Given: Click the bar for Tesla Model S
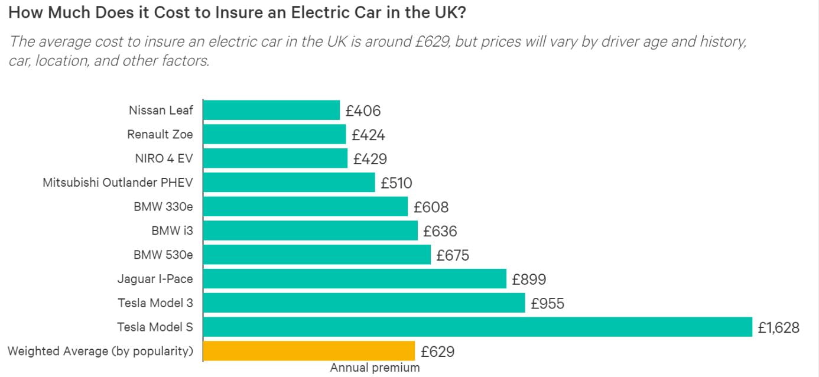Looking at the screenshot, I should pos(477,327).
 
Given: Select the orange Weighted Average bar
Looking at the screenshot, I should pos(309,351).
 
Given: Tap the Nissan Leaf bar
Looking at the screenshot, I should pos(271,110).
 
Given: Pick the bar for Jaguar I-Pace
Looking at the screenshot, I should pos(355,279).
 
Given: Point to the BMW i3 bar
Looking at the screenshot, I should pos(310,231).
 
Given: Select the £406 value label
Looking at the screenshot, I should pos(363,111).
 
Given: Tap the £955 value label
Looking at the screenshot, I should pos(547,304).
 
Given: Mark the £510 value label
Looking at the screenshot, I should pos(396,183).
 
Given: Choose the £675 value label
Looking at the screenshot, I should pos(452,255).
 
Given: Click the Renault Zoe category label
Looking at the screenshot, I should pos(160,135).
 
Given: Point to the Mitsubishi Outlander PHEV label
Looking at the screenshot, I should pos(118,183).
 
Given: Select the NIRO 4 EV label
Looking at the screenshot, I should pos(164,158).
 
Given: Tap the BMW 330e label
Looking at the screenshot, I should pos(163,207).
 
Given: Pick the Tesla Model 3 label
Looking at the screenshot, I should pos(155,303).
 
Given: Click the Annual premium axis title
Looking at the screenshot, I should pos(375,368).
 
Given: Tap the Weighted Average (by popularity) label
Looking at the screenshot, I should pos(100,351).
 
